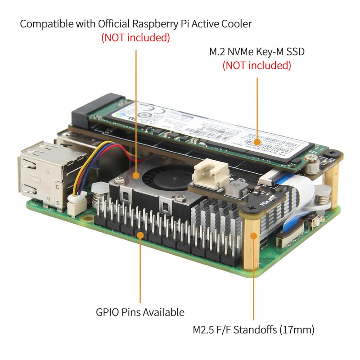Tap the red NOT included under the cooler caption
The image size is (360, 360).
[x=135, y=38]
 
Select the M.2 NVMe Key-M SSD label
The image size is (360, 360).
[x=257, y=52]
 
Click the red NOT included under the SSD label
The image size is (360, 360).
[x=256, y=66]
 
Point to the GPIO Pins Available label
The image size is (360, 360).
[x=140, y=312]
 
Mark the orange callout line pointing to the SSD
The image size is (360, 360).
[x=257, y=108]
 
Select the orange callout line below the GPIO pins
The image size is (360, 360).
[x=140, y=270]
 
